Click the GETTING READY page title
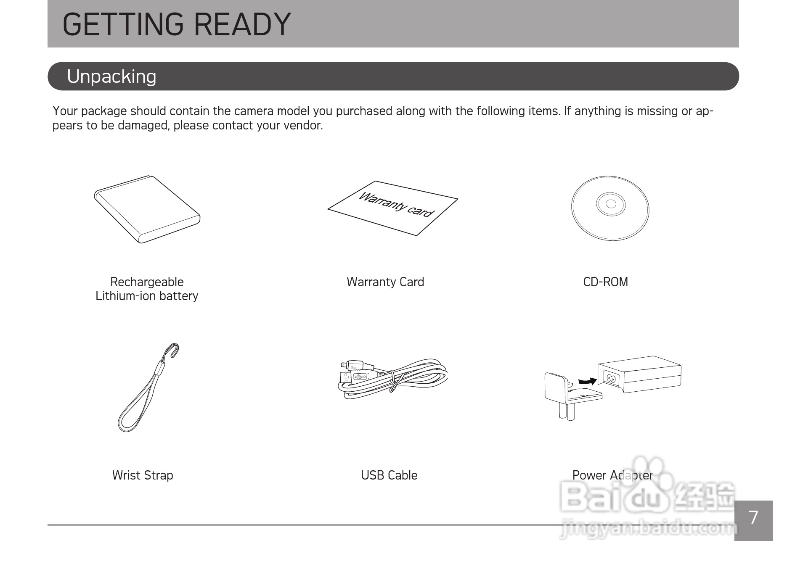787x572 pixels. tap(177, 24)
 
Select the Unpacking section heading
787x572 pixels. tap(111, 76)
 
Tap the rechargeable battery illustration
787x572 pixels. tap(147, 209)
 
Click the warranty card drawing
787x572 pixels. tap(393, 208)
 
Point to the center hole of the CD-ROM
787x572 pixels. tap(611, 204)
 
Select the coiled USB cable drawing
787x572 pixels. tap(393, 378)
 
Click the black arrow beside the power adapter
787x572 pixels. tap(588, 381)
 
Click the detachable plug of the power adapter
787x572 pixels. tap(573, 395)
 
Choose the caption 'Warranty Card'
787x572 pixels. tap(385, 282)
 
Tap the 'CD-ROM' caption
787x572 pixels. tap(606, 282)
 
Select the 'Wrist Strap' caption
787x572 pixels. tap(143, 475)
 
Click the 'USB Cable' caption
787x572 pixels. tap(389, 475)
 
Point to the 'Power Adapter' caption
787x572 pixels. tap(612, 475)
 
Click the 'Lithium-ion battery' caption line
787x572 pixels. tap(147, 296)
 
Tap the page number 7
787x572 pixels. tap(753, 518)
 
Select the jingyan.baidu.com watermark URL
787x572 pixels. tap(648, 529)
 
